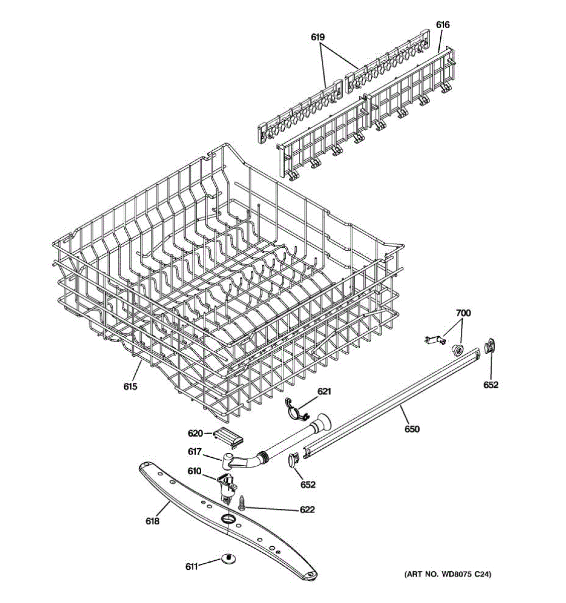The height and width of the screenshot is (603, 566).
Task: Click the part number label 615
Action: tap(130, 386)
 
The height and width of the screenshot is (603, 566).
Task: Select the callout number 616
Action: tap(443, 25)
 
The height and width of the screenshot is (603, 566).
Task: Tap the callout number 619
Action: tap(317, 37)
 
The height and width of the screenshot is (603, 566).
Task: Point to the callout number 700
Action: tap(463, 314)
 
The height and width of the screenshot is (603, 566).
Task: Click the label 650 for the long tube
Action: tap(412, 429)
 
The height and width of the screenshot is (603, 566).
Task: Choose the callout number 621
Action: tap(324, 391)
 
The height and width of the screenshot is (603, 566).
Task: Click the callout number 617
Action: tap(195, 452)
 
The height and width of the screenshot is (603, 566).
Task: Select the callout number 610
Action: tap(195, 471)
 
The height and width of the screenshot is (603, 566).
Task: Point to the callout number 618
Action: tap(152, 521)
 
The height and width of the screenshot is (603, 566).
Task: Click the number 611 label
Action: tap(192, 566)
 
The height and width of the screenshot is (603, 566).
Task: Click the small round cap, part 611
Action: tap(228, 559)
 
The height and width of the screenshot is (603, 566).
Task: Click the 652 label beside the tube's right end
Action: tap(491, 385)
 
